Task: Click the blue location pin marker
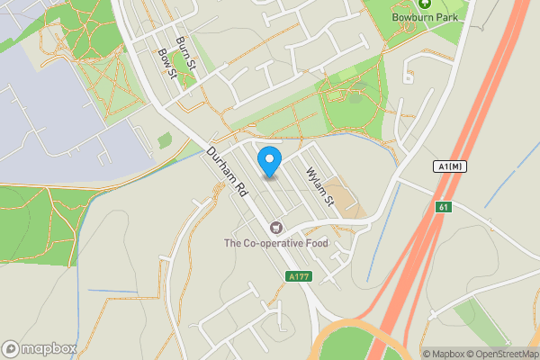(x=269, y=162)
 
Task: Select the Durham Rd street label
(x=228, y=172)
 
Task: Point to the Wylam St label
(x=319, y=185)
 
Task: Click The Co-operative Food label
(x=276, y=243)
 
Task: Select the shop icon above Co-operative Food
(x=276, y=229)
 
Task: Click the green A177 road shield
(x=300, y=276)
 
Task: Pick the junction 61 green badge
(x=442, y=208)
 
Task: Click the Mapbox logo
(x=39, y=348)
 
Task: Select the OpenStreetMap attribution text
(x=503, y=354)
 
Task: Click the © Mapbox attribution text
(x=444, y=354)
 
